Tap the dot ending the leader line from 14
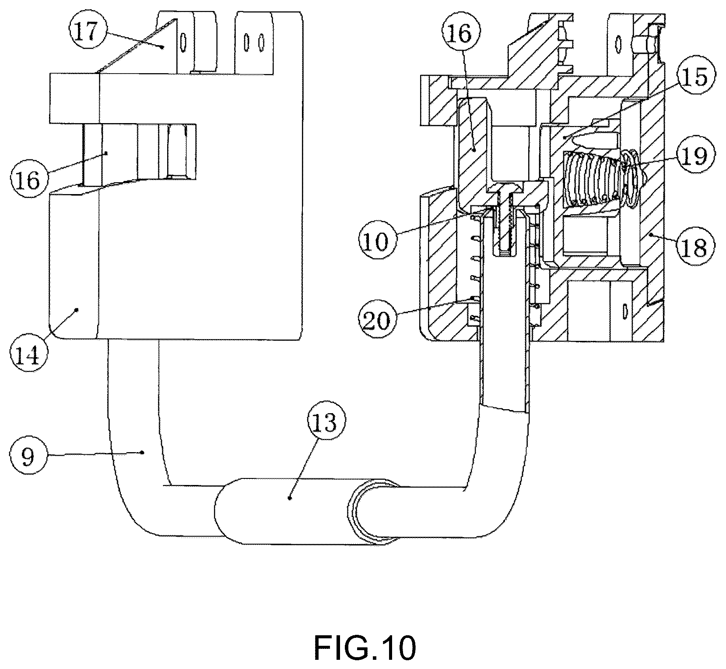pyautogui.click(x=77, y=309)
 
